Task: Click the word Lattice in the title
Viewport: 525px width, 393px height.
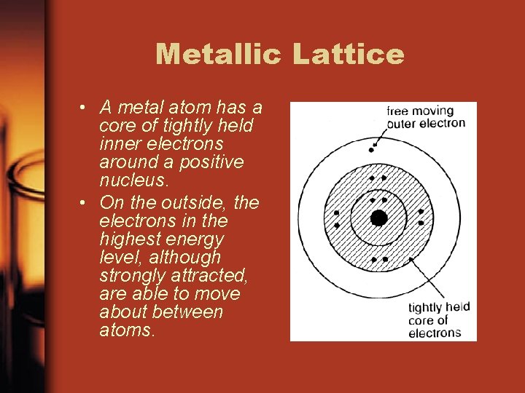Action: coord(349,55)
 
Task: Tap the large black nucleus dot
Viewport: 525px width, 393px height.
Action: coord(378,218)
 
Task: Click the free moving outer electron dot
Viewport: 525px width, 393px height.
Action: coord(372,149)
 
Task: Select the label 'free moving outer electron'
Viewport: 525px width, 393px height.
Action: coord(425,117)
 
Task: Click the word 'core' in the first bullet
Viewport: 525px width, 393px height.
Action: coord(115,126)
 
